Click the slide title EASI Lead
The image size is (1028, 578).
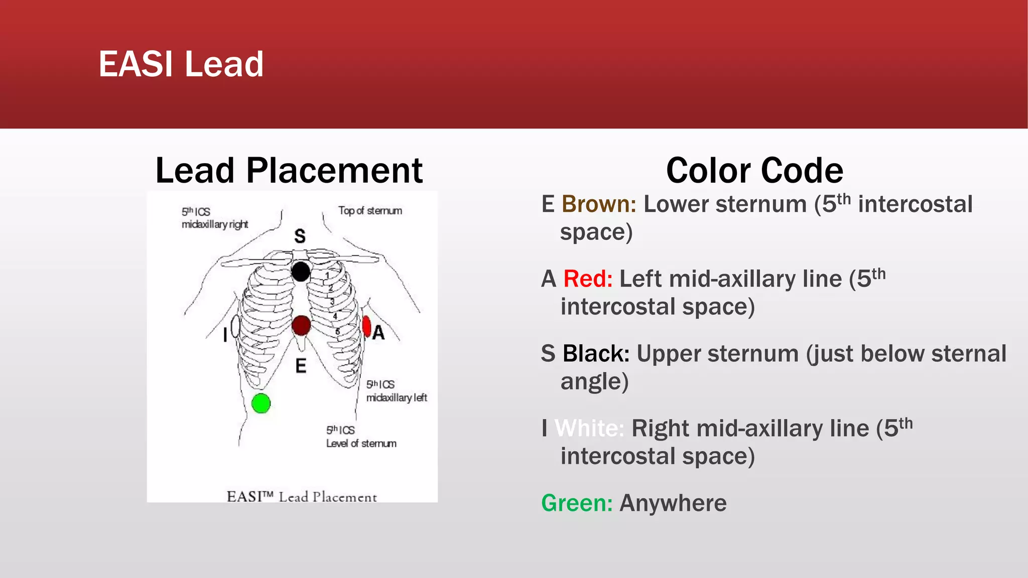(181, 64)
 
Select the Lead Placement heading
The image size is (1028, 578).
(289, 171)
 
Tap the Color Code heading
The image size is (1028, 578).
(754, 171)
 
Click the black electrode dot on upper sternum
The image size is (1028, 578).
(301, 272)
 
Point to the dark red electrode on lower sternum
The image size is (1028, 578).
(301, 326)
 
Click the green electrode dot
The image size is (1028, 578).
(261, 403)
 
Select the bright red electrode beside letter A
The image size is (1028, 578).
(366, 327)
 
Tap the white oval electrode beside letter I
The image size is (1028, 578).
(235, 326)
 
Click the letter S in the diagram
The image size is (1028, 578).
(300, 236)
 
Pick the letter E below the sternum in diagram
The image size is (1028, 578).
(301, 366)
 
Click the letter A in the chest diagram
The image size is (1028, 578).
(378, 333)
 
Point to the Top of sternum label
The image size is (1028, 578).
(370, 211)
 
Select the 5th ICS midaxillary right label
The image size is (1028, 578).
(214, 218)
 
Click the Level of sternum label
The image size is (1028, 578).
(361, 444)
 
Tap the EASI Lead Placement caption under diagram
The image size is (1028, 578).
(301, 497)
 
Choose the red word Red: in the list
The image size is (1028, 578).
(588, 279)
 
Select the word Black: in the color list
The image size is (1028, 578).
(596, 354)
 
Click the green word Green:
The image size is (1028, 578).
(577, 503)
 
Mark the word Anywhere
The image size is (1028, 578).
(673, 503)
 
